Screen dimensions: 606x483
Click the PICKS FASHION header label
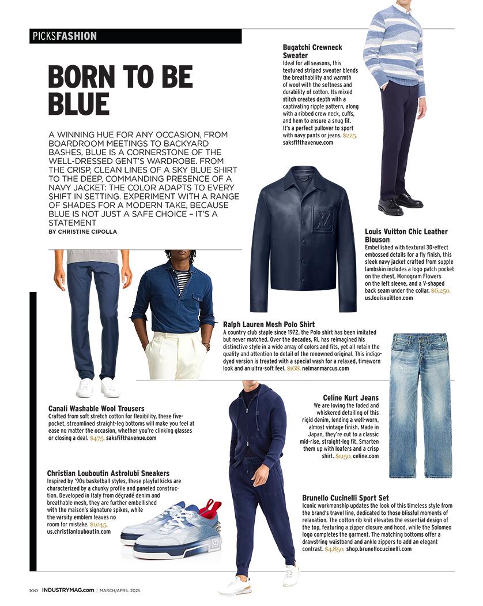click(64, 36)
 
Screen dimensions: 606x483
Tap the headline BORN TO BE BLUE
click(120, 90)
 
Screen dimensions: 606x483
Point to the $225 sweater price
click(349, 135)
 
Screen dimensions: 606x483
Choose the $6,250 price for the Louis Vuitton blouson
click(440, 291)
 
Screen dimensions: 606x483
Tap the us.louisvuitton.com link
click(389, 298)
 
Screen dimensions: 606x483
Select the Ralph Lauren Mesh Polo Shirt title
click(269, 324)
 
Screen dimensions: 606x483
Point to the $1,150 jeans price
click(344, 456)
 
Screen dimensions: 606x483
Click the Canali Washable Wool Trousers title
click(96, 409)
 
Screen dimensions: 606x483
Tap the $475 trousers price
click(97, 438)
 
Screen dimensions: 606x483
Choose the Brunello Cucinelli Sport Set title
click(345, 497)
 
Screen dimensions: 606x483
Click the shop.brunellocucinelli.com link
click(379, 549)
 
